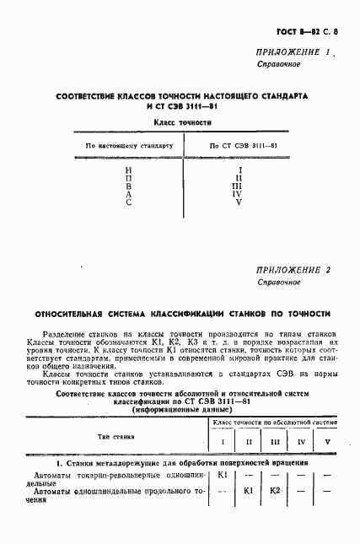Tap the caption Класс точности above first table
(181, 123)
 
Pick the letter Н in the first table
(128, 170)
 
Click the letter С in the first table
(128, 203)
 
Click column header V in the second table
(326, 441)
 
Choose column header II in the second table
(248, 441)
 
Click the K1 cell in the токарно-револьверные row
(223, 475)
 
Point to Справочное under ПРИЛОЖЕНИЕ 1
(277, 65)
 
